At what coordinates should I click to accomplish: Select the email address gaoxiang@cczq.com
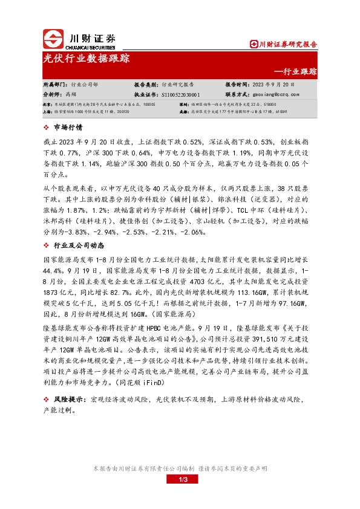pos(272,95)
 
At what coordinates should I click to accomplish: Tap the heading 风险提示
pos(69,400)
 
